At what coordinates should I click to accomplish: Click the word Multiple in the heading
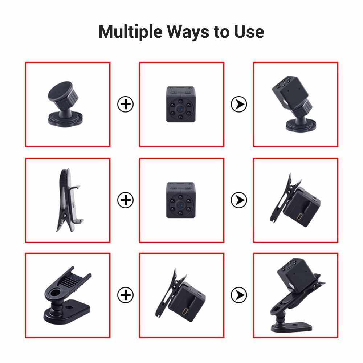pyautogui.click(x=130, y=32)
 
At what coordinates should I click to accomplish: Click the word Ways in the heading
pyautogui.click(x=188, y=32)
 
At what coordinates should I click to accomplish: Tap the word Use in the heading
pyautogui.click(x=249, y=32)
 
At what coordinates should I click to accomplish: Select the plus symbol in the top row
pyautogui.click(x=126, y=104)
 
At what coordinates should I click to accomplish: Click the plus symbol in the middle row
pyautogui.click(x=126, y=200)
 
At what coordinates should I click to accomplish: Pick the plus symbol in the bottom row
pyautogui.click(x=126, y=295)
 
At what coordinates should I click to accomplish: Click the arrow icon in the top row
pyautogui.click(x=239, y=104)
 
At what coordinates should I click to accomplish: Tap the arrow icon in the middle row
pyautogui.click(x=239, y=200)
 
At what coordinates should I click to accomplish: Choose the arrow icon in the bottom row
pyautogui.click(x=239, y=295)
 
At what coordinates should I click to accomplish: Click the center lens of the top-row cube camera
pyautogui.click(x=180, y=108)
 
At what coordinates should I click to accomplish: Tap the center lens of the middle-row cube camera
pyautogui.click(x=180, y=204)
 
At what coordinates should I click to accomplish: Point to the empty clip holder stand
pyautogui.click(x=67, y=295)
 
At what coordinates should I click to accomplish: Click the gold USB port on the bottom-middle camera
pyautogui.click(x=185, y=311)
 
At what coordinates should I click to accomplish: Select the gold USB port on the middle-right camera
pyautogui.click(x=301, y=217)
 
